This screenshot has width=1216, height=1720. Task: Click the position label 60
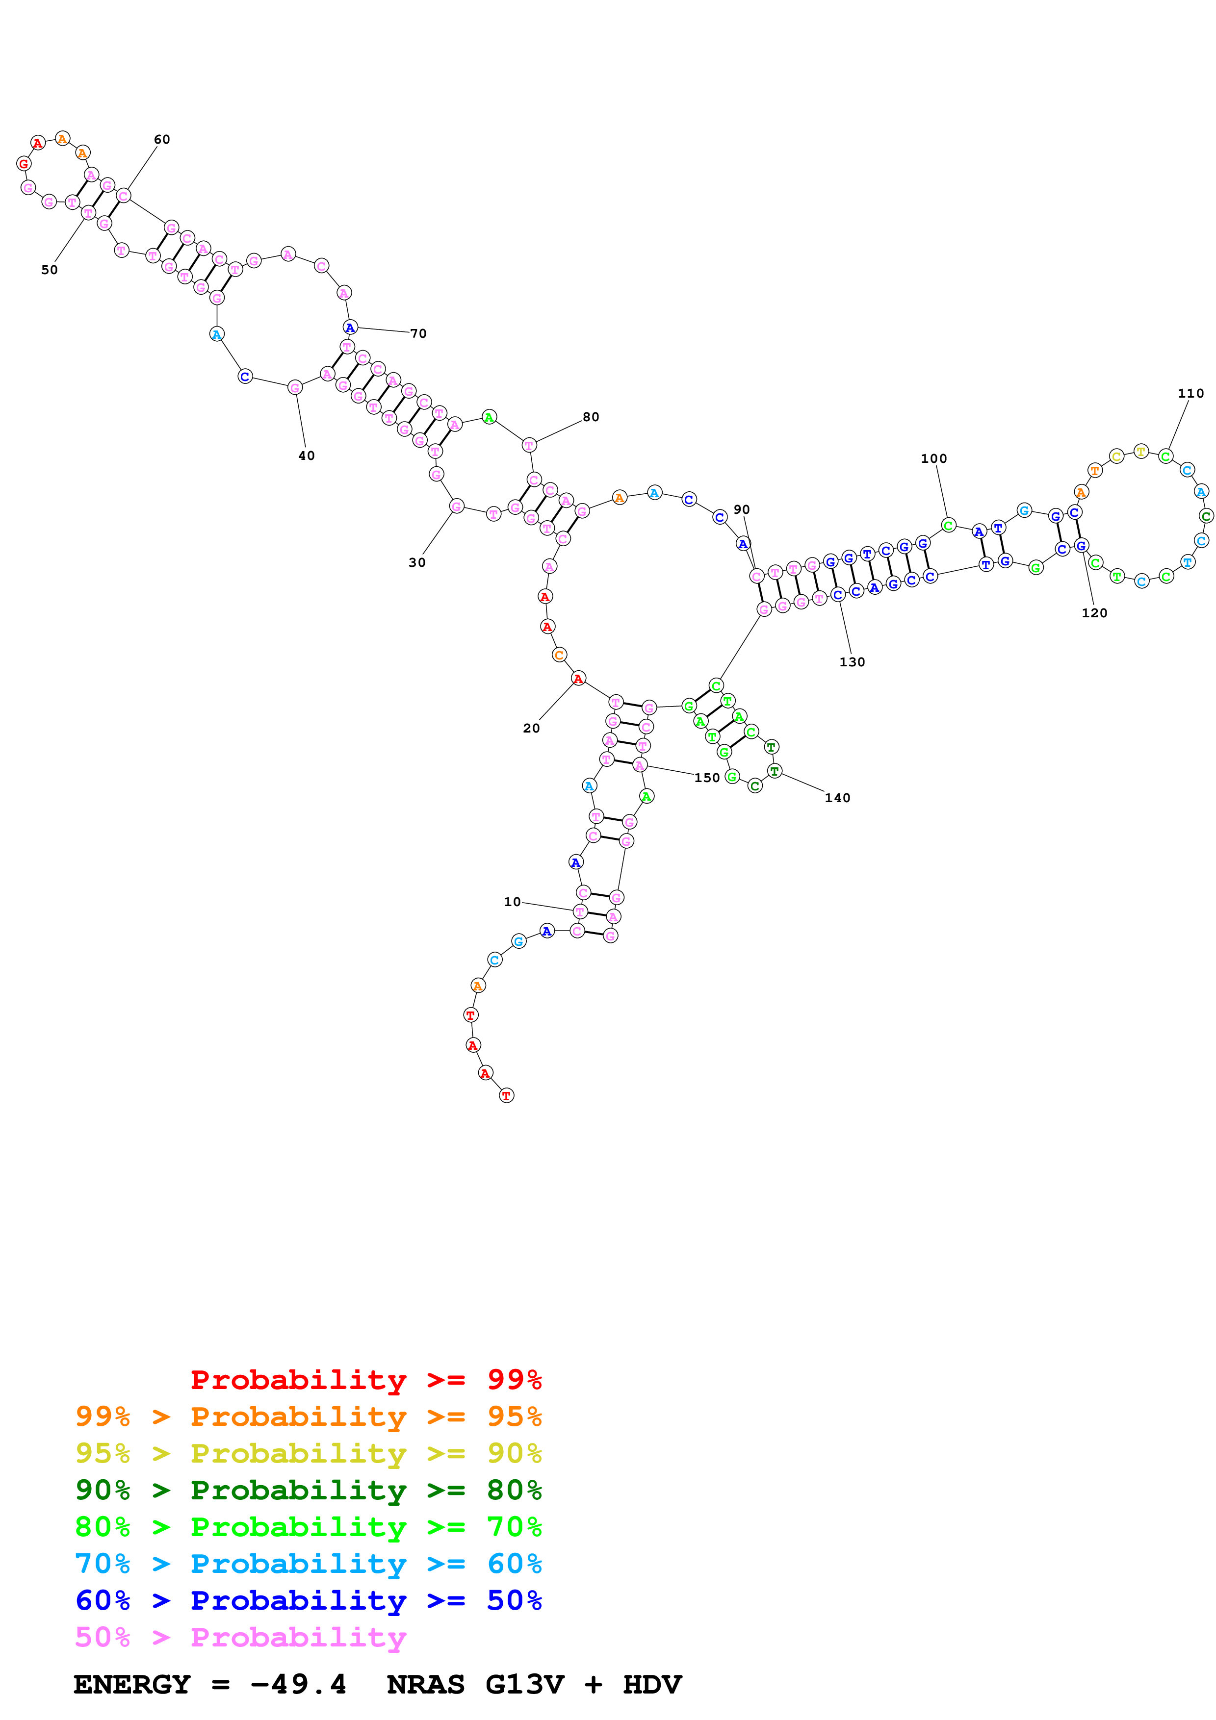click(162, 139)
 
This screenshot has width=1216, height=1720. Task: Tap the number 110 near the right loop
click(1190, 393)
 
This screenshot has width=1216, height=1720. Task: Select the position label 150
click(706, 778)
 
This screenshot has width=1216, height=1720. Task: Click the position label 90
click(742, 509)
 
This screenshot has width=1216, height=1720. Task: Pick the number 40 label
click(307, 455)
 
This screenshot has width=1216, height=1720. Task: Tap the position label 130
click(852, 662)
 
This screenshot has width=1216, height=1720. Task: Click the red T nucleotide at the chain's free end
click(507, 1095)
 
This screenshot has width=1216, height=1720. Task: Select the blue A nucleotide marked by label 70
click(350, 328)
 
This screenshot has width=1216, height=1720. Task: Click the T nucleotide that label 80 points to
click(529, 445)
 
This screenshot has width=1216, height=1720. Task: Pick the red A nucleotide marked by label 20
click(578, 679)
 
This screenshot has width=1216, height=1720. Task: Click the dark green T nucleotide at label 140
click(774, 770)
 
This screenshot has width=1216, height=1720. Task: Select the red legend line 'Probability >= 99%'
click(365, 1379)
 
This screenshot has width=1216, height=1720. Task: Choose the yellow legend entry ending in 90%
click(308, 1453)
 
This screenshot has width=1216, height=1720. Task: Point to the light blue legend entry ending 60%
click(308, 1564)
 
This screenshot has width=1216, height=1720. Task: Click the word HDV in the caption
click(652, 1684)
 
